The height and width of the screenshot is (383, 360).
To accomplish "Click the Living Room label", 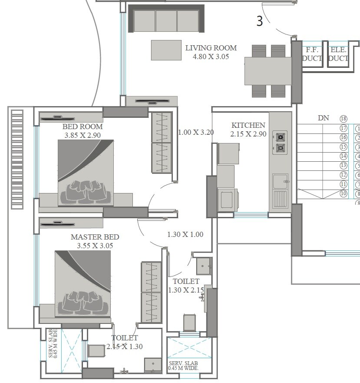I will (211, 48).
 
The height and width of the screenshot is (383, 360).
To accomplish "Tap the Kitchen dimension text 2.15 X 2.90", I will (248, 134).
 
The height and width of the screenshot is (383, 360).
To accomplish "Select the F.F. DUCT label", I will (311, 54).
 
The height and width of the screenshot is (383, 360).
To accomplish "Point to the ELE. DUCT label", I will (338, 54).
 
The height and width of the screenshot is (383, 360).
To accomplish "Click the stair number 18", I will (344, 119).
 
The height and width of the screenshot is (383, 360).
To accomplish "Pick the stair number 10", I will (344, 194).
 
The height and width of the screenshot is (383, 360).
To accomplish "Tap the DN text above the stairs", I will (323, 118).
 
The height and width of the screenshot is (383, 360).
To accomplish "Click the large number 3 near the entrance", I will (260, 22).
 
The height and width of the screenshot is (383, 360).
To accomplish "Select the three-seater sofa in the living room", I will (166, 20).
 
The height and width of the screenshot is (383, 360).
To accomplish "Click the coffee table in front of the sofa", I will (166, 50).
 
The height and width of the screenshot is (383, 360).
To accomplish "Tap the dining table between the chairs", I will (268, 71).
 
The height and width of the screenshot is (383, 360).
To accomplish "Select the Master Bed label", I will (95, 237).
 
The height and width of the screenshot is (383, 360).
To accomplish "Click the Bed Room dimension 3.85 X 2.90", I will (83, 136).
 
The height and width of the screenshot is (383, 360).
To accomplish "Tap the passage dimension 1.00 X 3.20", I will (196, 133).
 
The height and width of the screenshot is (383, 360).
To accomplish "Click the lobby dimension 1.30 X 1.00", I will (185, 235).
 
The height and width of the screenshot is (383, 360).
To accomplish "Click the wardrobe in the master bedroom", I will (151, 292).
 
